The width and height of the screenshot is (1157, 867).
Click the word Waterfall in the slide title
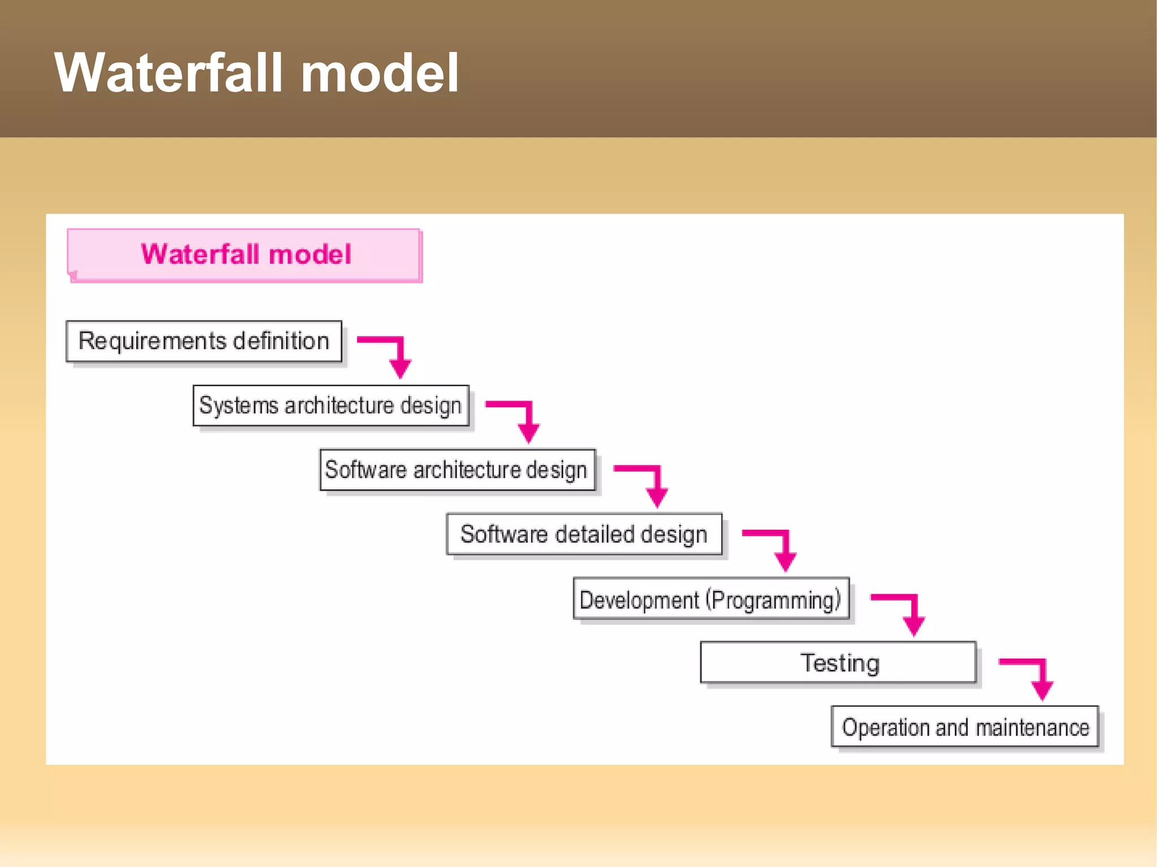point(169,73)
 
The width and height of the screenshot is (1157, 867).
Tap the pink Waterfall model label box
point(244,255)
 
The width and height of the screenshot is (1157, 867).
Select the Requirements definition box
point(204,341)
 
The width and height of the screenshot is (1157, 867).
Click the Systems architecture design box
point(330,406)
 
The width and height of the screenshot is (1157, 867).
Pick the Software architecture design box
point(457,470)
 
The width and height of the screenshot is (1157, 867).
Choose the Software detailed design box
point(584,534)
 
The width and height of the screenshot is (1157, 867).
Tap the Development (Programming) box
point(711,599)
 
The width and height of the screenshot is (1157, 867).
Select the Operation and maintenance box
point(964,727)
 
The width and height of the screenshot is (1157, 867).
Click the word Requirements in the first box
point(152,341)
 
